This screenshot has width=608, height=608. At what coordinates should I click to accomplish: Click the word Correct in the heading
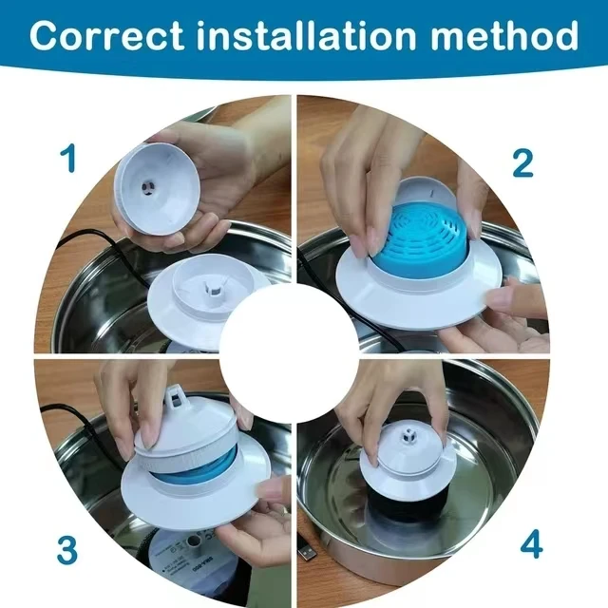pyautogui.click(x=107, y=36)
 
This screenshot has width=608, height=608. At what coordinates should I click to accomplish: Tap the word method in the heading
pyautogui.click(x=504, y=36)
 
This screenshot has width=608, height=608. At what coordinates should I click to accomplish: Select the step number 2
pyautogui.click(x=522, y=163)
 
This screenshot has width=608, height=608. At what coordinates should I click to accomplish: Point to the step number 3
pyautogui.click(x=66, y=549)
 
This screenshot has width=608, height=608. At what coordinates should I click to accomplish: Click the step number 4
pyautogui.click(x=531, y=543)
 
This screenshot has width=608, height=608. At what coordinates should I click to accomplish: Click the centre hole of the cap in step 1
pyautogui.click(x=148, y=187)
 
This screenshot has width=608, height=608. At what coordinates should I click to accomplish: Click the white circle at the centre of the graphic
pyautogui.click(x=289, y=353)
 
